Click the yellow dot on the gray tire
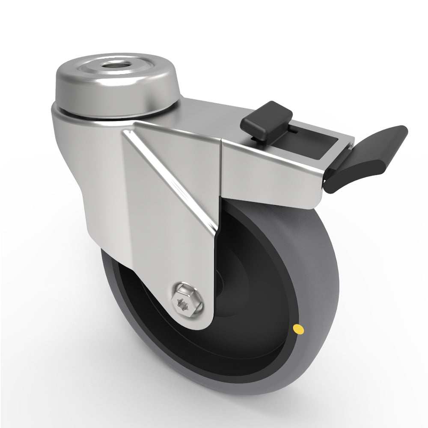pos(296,329)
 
